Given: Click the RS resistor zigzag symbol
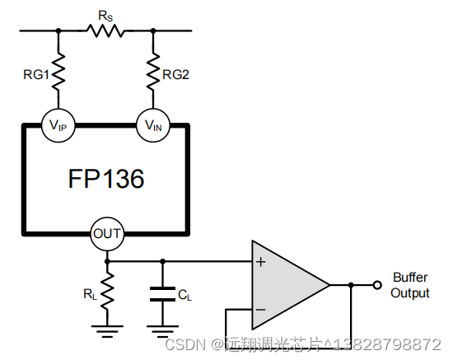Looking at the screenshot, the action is coord(105,30).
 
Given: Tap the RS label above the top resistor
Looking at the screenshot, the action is coord(105,16).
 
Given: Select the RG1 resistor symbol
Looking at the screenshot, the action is coord(58,71).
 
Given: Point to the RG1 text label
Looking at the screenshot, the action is coord(36,75).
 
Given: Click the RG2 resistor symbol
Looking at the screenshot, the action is coord(153,71).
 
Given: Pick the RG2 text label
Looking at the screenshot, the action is coord(175,75).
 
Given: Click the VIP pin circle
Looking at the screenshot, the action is coord(58,125).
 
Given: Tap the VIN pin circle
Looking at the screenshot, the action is coord(153,125).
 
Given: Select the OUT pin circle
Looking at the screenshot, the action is coord(107,234).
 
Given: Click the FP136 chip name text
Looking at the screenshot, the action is coord(106,179).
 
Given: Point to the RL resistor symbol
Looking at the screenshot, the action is coord(107,291).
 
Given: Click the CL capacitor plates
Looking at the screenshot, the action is coord(162,294).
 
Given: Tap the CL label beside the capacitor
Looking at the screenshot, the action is coord(184,295).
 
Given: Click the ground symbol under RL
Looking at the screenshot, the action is coord(107,331).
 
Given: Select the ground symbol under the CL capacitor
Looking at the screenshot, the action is coord(162,331).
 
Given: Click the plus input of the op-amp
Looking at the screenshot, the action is coord(260,262).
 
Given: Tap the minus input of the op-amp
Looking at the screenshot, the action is coord(260,310).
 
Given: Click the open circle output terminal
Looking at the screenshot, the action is coord(377,285).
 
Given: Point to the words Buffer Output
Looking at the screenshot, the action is coord(410,285).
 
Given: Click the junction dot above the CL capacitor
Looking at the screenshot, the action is coord(162,261).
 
